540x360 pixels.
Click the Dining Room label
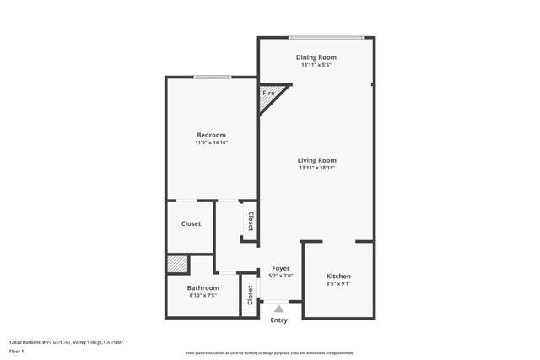tap(317, 57)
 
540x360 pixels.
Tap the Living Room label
tap(317, 160)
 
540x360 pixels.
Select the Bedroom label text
tap(211, 135)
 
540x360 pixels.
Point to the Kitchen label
tap(338, 277)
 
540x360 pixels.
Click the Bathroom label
tap(202, 287)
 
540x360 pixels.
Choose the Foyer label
tap(280, 268)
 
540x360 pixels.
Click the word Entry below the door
tap(279, 320)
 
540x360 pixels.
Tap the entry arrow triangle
tap(279, 309)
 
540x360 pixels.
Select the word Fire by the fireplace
tap(269, 92)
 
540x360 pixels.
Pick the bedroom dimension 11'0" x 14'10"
tap(211, 143)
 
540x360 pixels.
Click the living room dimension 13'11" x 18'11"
tap(317, 169)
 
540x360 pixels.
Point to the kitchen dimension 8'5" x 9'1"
tap(338, 285)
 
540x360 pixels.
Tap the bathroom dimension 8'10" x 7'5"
tap(202, 296)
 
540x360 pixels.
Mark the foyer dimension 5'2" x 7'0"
tap(280, 276)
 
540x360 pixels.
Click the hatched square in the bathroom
tap(177, 265)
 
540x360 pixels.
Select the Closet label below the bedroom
tap(191, 224)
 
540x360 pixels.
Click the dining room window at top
tap(327, 37)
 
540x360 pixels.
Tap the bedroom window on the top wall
tap(213, 78)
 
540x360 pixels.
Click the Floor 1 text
tap(15, 350)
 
